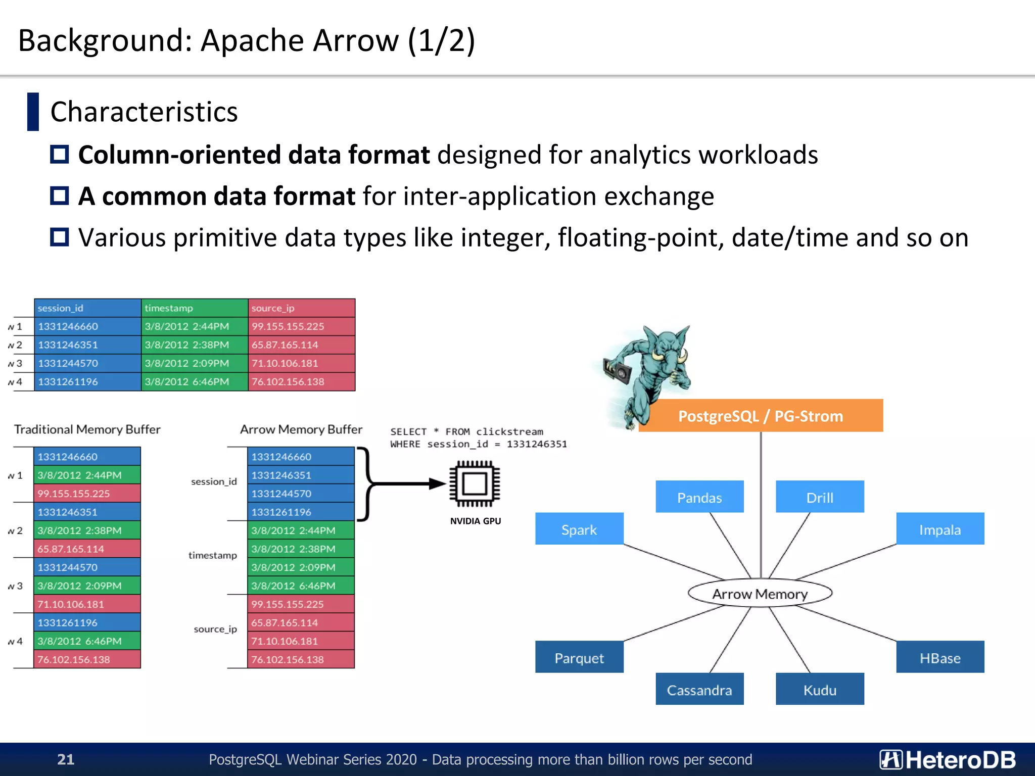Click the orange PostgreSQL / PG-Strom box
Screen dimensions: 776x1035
pyautogui.click(x=761, y=416)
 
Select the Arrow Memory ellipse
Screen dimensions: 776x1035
pyautogui.click(x=760, y=594)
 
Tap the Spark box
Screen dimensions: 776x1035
pyautogui.click(x=579, y=529)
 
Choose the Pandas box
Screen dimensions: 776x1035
pyautogui.click(x=699, y=497)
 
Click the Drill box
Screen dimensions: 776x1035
pyautogui.click(x=820, y=497)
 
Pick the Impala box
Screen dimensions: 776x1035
pyautogui.click(x=940, y=529)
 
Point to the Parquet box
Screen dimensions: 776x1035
pyautogui.click(x=579, y=657)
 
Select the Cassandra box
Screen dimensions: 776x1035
pyautogui.click(x=699, y=689)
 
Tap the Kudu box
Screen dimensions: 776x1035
pyautogui.click(x=820, y=689)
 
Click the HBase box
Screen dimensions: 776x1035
pyautogui.click(x=940, y=657)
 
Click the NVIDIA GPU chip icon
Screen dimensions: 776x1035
pyautogui.click(x=475, y=483)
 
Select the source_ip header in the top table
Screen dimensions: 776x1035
pyautogui.click(x=302, y=308)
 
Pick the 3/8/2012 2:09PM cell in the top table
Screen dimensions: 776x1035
pyautogui.click(x=195, y=363)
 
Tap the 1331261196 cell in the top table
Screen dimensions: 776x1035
pyautogui.click(x=87, y=381)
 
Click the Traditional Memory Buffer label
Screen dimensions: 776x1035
pyautogui.click(x=87, y=429)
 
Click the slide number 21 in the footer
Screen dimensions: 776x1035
pyautogui.click(x=66, y=759)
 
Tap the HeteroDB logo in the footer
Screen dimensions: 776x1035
pyautogui.click(x=948, y=759)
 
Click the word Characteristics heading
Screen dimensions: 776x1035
pyautogui.click(x=144, y=112)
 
